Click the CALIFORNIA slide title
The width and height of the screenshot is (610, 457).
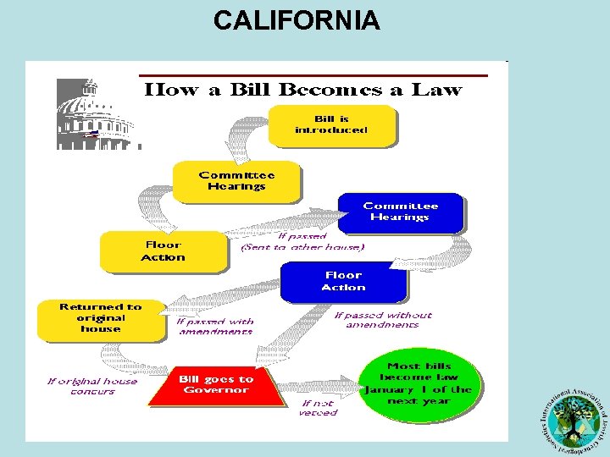click(x=297, y=19)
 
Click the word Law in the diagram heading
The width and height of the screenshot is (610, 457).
click(x=436, y=89)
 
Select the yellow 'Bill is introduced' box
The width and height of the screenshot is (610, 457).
click(x=331, y=124)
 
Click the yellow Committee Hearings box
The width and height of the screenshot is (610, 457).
click(x=236, y=181)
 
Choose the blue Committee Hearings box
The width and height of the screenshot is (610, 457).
click(x=400, y=212)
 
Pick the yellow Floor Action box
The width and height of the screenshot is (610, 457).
click(x=163, y=251)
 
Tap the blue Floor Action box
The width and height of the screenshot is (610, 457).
click(x=343, y=281)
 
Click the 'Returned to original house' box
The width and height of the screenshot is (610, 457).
click(x=101, y=318)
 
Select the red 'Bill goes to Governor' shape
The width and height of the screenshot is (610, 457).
click(x=215, y=386)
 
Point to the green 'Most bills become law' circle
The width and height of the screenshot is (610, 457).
click(x=419, y=383)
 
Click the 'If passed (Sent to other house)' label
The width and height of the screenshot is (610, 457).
click(x=302, y=242)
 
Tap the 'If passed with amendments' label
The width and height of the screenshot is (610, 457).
click(x=215, y=326)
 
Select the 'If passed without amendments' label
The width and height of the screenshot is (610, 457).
click(x=383, y=319)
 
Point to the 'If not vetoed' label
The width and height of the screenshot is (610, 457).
click(x=318, y=408)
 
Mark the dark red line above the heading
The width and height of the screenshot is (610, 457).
click(x=313, y=75)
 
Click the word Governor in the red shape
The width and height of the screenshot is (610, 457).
click(x=215, y=390)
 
